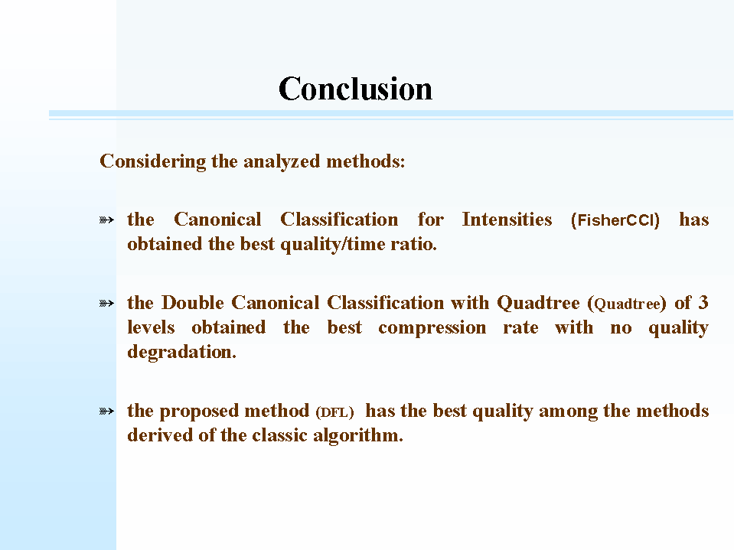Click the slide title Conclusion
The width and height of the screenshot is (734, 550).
click(x=355, y=89)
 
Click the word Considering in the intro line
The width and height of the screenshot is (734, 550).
click(x=152, y=162)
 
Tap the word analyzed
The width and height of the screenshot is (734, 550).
click(x=282, y=162)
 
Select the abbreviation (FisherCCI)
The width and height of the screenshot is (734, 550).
click(x=615, y=220)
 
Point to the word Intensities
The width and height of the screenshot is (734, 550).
click(x=507, y=220)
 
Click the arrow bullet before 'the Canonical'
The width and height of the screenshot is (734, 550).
click(x=106, y=220)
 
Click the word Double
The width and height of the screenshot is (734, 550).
click(x=193, y=303)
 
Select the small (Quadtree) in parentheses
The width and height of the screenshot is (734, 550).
click(x=627, y=304)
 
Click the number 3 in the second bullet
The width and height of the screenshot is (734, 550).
click(x=703, y=303)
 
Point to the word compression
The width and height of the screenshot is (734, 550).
click(x=432, y=328)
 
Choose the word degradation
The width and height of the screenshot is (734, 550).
click(x=181, y=352)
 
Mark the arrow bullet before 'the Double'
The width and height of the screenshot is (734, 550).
click(x=106, y=304)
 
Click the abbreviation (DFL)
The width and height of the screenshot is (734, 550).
click(x=334, y=412)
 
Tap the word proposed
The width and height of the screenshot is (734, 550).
click(x=200, y=411)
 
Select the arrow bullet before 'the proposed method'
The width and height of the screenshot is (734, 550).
click(x=106, y=411)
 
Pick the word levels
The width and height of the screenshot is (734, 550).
click(x=151, y=327)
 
